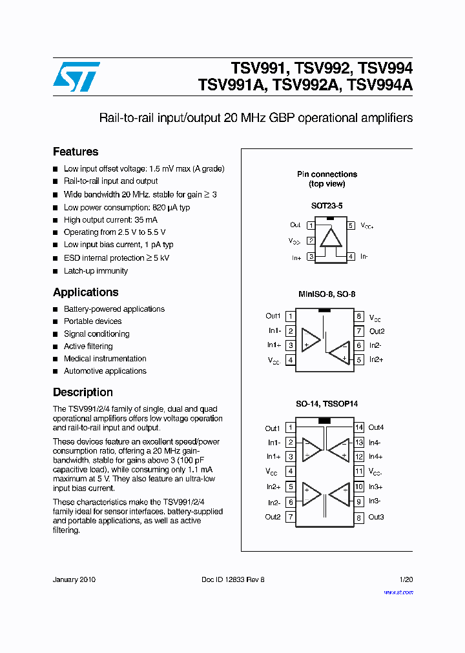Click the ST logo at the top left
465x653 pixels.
pyautogui.click(x=76, y=77)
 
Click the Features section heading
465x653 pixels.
pyautogui.click(x=76, y=152)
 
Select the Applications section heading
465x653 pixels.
pyautogui.click(x=85, y=292)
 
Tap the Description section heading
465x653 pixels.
pyautogui.click(x=83, y=392)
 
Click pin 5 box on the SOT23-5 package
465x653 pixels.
pyautogui.click(x=351, y=226)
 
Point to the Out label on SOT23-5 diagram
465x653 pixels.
pyautogui.click(x=295, y=225)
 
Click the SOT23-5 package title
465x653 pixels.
pyautogui.click(x=327, y=205)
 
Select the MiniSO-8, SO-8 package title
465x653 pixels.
pyautogui.click(x=327, y=294)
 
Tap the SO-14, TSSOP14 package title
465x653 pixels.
pyautogui.click(x=327, y=404)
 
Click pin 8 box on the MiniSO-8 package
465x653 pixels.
pyautogui.click(x=358, y=317)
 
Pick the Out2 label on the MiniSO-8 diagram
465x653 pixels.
pyautogui.click(x=377, y=331)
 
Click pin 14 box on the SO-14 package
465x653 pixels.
pyautogui.click(x=359, y=427)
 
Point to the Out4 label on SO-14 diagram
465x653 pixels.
pyautogui.click(x=376, y=427)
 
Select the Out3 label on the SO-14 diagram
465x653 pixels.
pyautogui.click(x=376, y=517)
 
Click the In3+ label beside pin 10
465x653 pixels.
pyautogui.click(x=375, y=487)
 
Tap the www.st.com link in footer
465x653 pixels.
pyautogui.click(x=398, y=592)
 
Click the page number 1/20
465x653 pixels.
pyautogui.click(x=406, y=579)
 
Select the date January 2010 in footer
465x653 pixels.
pyautogui.click(x=74, y=579)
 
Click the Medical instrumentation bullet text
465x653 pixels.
pyautogui.click(x=105, y=359)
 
